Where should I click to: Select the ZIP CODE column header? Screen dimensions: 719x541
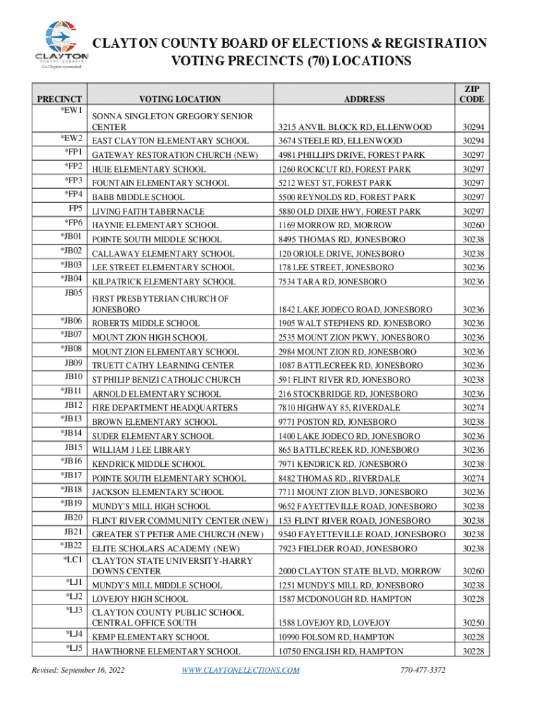point(471,94)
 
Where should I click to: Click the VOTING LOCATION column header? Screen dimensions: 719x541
point(180,100)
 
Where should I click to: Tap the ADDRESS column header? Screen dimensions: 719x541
point(364,100)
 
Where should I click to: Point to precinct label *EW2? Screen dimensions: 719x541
point(72,138)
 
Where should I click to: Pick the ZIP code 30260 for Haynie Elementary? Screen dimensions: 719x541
point(472,225)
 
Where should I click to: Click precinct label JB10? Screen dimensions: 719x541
point(74,377)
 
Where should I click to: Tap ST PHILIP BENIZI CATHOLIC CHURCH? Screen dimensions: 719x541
point(166,380)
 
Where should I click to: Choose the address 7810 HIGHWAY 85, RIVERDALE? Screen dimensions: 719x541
point(339,408)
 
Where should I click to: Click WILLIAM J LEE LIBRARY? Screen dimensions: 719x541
point(141,450)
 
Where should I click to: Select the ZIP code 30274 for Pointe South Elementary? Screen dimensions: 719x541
point(472,478)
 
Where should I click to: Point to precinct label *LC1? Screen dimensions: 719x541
point(73,560)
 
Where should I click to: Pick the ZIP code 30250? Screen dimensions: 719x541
point(472,623)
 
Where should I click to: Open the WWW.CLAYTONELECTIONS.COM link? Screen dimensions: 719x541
point(240,670)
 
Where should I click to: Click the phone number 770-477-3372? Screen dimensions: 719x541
point(423,670)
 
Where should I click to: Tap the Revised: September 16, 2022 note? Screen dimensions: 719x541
point(77,670)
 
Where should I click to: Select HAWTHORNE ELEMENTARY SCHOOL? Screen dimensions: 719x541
point(161,652)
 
